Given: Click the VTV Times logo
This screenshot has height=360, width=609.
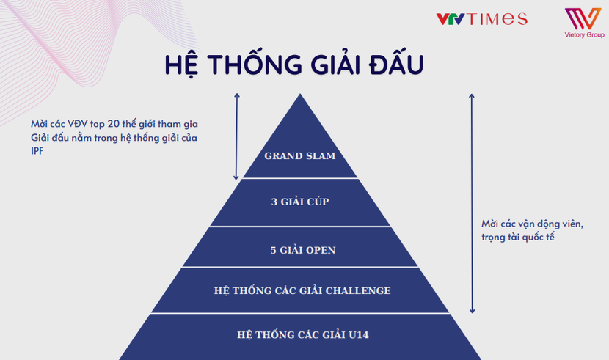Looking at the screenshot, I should tap(481, 18).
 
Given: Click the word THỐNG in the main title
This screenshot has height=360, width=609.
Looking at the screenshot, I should tap(246, 64).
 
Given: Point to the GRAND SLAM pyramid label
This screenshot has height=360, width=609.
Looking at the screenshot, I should tap(300, 155).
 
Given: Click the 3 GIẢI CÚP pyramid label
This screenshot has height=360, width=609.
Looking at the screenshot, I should tap(300, 202).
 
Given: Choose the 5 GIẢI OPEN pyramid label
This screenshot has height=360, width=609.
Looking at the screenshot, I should tap(302, 249).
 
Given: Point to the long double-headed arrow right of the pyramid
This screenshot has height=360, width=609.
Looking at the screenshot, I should tap(471, 203).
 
